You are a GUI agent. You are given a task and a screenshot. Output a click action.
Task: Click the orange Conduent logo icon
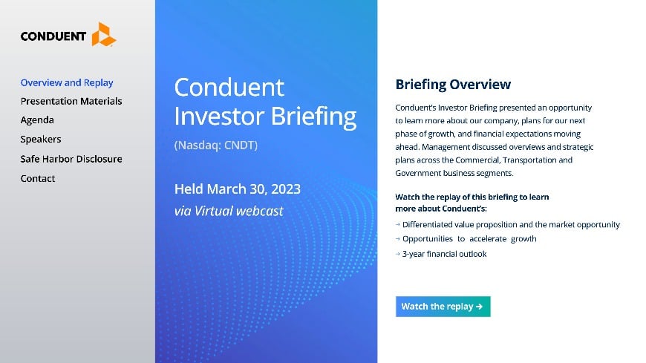[103, 34]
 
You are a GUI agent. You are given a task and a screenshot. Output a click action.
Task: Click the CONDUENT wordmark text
[53, 36]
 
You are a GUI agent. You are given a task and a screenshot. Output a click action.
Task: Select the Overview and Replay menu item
[67, 82]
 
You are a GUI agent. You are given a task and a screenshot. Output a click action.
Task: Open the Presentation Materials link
[71, 101]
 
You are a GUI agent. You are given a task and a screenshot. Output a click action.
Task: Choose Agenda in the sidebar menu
[37, 120]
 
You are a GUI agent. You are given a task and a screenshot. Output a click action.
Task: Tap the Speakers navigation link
[41, 139]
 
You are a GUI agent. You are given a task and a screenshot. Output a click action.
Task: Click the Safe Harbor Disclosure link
[71, 159]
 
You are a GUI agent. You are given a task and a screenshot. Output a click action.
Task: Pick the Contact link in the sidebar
[38, 178]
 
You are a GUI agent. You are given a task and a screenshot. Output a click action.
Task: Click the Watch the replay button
[443, 306]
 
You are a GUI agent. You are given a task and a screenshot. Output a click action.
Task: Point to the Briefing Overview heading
[453, 85]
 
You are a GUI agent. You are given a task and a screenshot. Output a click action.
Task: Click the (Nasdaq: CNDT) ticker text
[215, 145]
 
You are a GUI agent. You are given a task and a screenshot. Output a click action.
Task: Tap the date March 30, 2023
[254, 189]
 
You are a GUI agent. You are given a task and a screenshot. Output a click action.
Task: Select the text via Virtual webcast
[229, 211]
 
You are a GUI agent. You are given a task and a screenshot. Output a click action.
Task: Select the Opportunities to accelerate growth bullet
[469, 239]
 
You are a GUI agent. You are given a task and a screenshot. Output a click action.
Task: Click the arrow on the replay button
[480, 306]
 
